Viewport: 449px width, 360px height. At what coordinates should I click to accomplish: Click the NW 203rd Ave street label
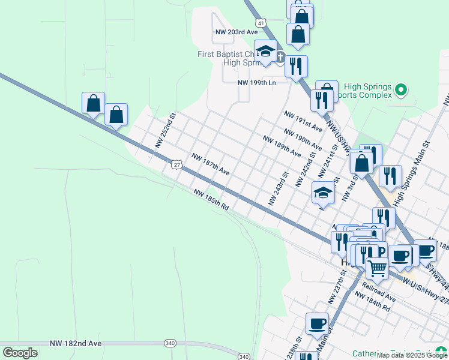[236, 32]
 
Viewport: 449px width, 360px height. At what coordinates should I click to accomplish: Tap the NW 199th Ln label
[257, 82]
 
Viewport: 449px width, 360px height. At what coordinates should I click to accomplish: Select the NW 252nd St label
[164, 130]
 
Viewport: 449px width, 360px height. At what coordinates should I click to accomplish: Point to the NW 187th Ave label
[211, 164]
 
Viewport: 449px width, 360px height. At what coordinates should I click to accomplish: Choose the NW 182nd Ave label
[81, 343]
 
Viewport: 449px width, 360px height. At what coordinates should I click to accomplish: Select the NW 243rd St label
[279, 188]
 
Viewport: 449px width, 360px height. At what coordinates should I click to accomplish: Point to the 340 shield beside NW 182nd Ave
[170, 343]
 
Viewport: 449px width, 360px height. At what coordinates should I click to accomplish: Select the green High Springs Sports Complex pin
[401, 91]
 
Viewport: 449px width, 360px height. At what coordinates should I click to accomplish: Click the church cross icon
[280, 58]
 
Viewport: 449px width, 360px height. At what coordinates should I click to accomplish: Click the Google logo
[20, 352]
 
